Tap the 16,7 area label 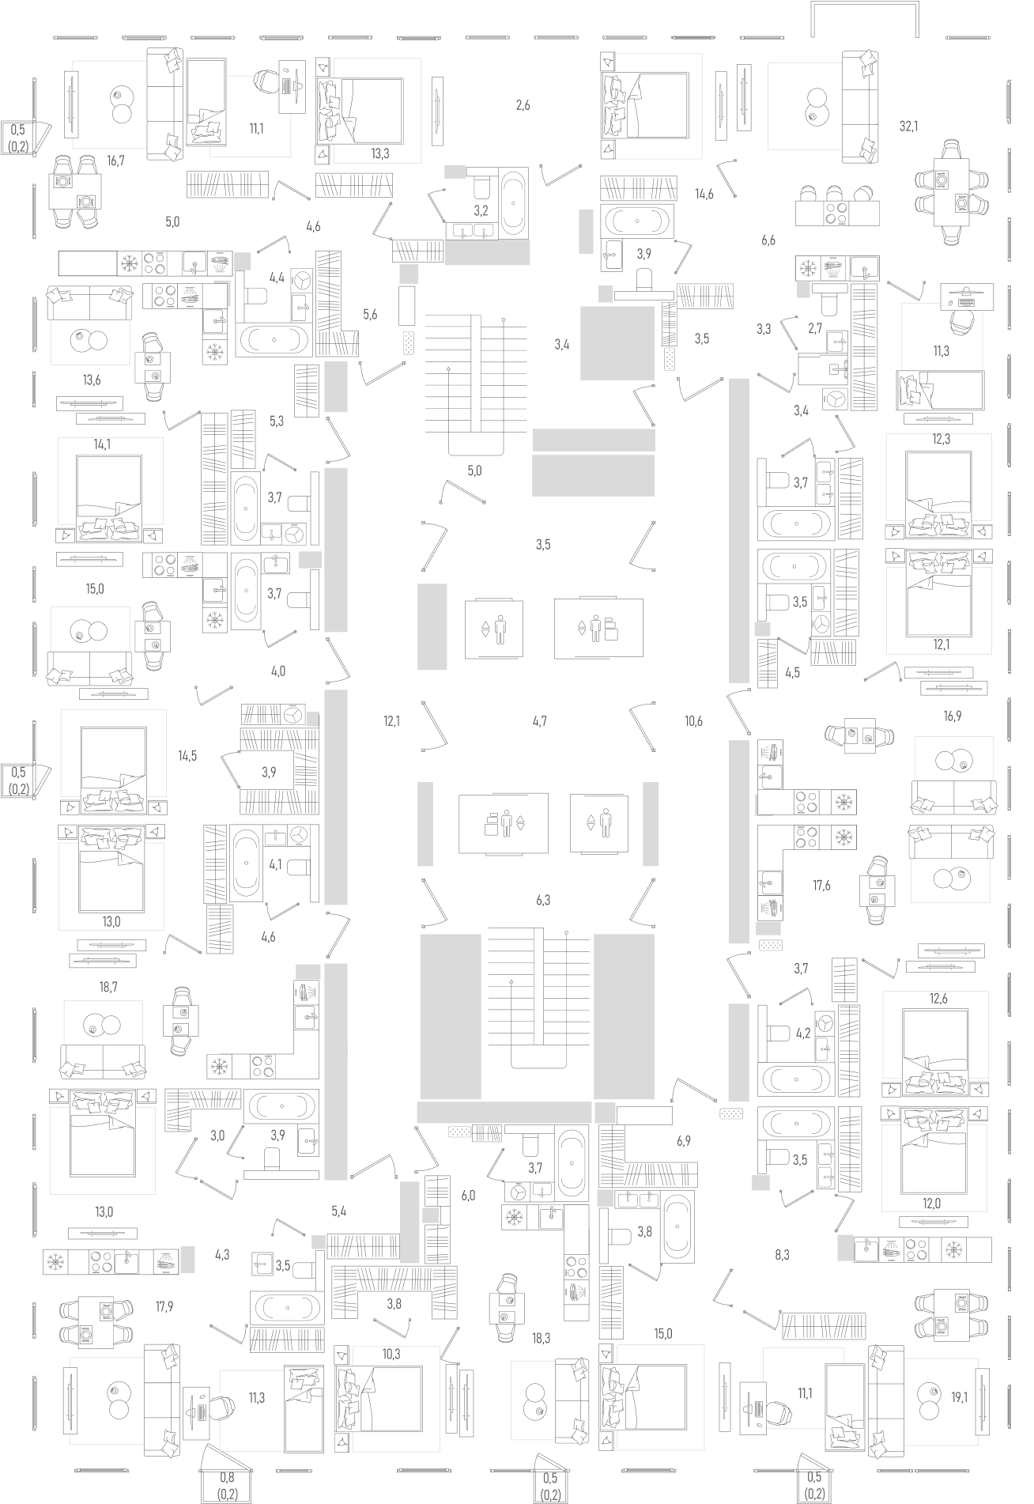(115, 161)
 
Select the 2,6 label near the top (523, 104)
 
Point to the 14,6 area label (704, 194)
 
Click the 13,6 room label (92, 380)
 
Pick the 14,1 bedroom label (102, 444)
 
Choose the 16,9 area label (952, 716)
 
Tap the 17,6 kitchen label (821, 886)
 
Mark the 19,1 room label (959, 1397)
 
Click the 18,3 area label (541, 1338)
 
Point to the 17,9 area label (164, 1306)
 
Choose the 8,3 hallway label (782, 1254)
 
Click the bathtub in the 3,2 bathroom (514, 202)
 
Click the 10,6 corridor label (694, 720)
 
